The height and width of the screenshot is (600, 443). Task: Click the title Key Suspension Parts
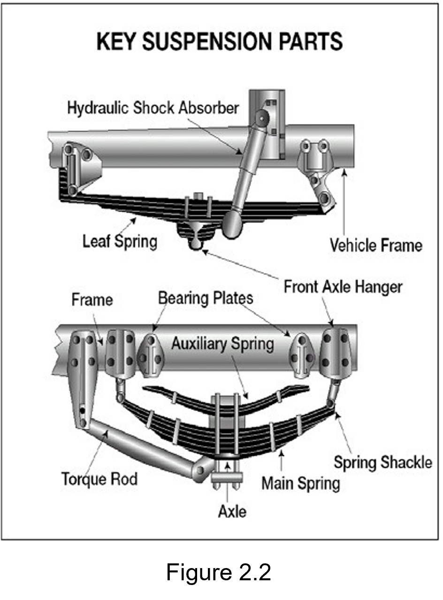coord(220,42)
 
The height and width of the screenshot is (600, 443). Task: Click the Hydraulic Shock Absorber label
coord(153,108)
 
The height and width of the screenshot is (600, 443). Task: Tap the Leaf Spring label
coord(120,242)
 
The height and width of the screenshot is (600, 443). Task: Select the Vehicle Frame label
coord(375,245)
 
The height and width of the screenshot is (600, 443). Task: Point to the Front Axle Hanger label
coord(343,287)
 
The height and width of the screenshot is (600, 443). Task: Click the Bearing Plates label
coord(206,298)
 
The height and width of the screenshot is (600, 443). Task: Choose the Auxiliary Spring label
coord(222,344)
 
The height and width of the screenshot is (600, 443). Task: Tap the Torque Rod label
coord(99,479)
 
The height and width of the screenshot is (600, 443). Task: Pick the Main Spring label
coord(301,483)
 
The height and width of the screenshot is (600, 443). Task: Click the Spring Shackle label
coord(383,462)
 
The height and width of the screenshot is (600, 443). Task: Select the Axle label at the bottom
coord(232,511)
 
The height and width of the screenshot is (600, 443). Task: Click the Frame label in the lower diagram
coord(92,300)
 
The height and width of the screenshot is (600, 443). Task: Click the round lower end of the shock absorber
coord(232,224)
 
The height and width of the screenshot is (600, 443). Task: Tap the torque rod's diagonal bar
coord(141,448)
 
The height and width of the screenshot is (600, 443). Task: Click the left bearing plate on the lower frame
coord(151,355)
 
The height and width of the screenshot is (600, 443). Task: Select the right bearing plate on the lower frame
coord(301,355)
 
